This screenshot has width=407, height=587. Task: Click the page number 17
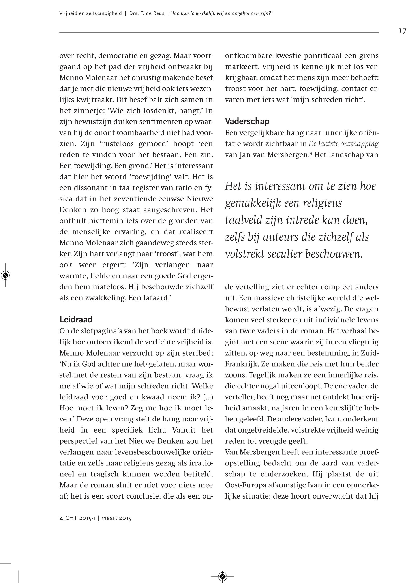coord(402,31)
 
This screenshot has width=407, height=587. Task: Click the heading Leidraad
coord(76,319)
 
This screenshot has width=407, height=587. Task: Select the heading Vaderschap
coord(247,121)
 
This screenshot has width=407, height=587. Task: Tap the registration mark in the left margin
coord(5,275)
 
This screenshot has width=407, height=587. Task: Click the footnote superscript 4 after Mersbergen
coord(311,153)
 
